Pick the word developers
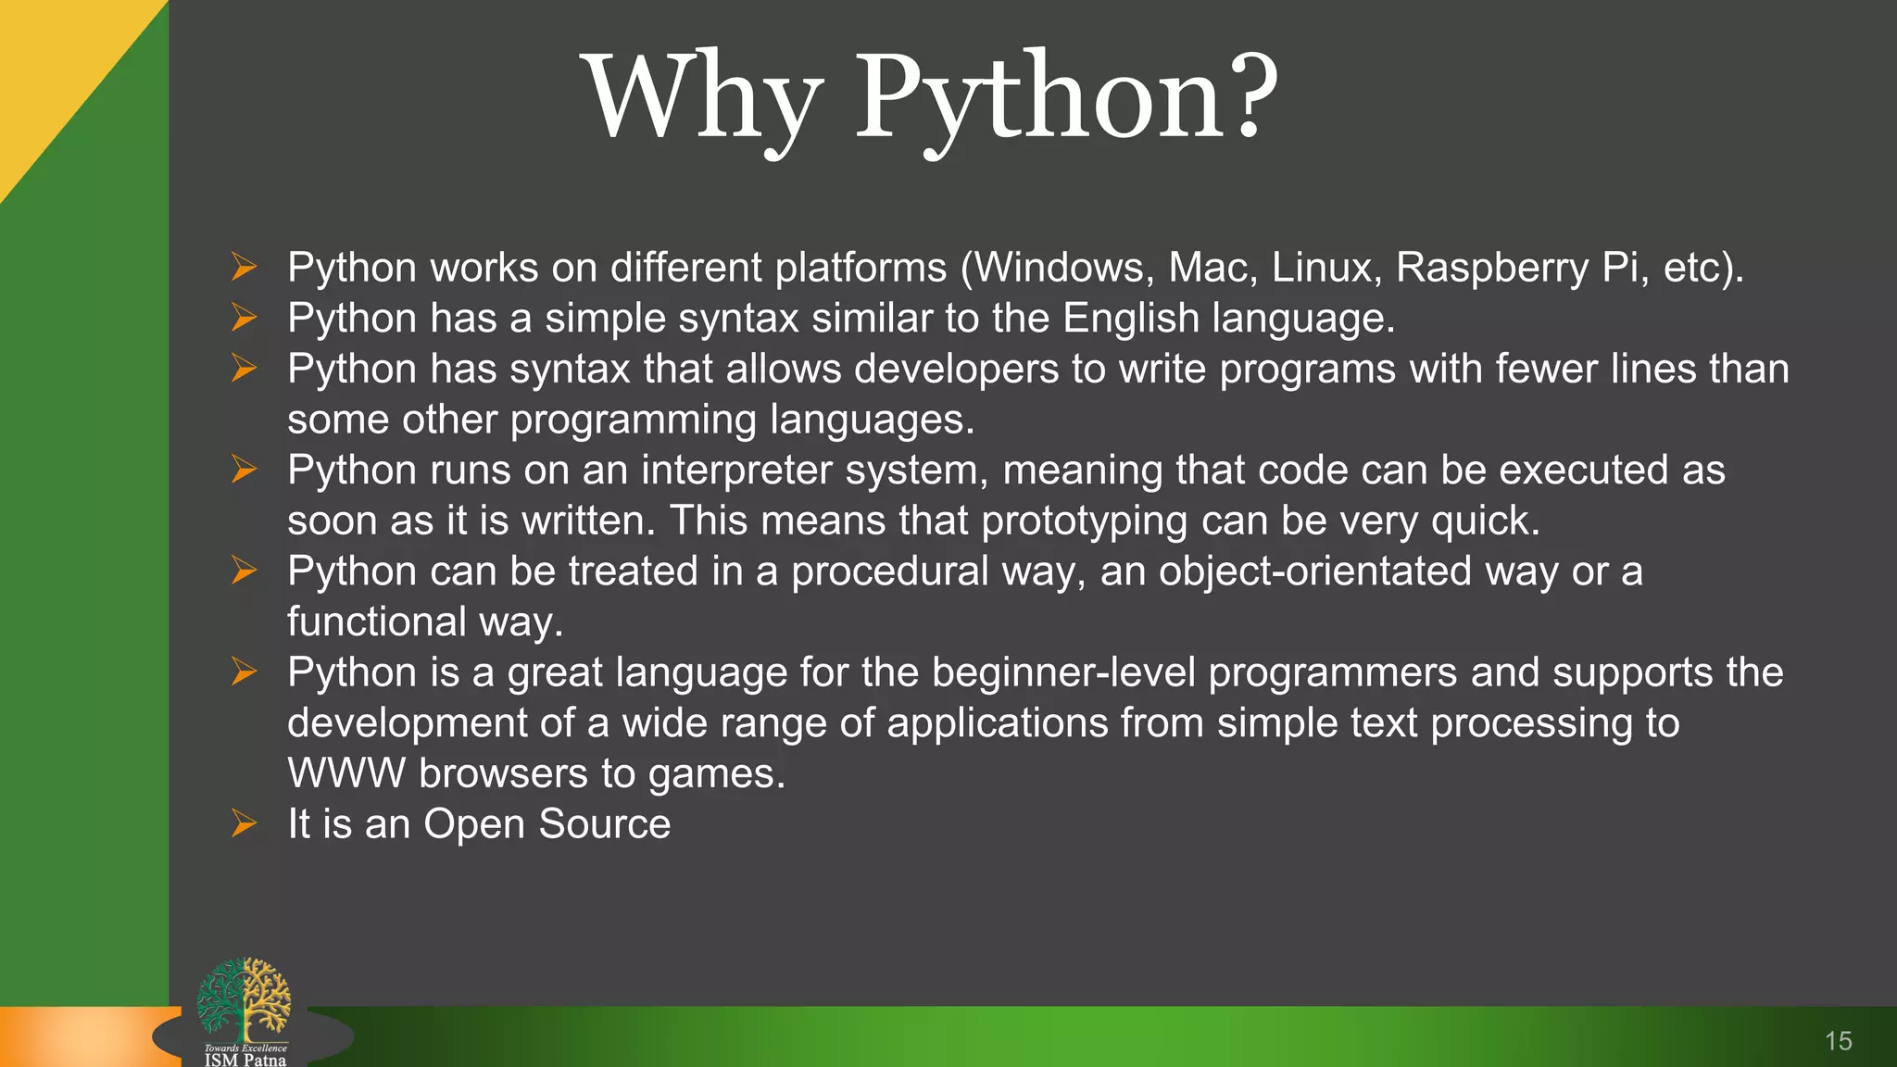[956, 370]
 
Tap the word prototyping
[1084, 521]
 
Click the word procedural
[889, 571]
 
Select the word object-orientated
[1314, 571]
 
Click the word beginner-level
[1063, 672]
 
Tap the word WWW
[346, 773]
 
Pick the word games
[715, 774]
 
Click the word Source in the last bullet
[604, 824]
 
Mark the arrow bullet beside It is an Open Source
[244, 823]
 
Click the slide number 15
[1838, 1041]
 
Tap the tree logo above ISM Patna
[244, 998]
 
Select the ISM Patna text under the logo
[245, 1060]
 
